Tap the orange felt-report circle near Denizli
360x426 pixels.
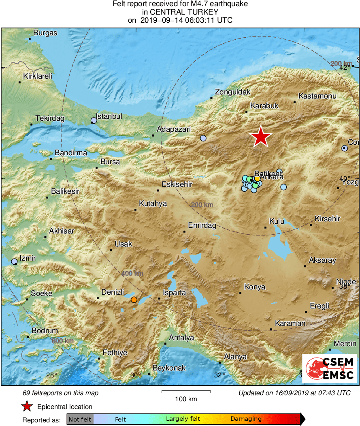click(x=134, y=300)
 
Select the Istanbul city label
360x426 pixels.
click(x=110, y=116)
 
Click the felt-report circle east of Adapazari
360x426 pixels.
click(x=203, y=138)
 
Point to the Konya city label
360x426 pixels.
click(x=255, y=287)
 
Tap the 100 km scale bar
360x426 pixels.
click(x=186, y=392)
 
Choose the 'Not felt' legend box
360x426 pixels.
click(x=80, y=419)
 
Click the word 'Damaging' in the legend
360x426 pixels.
click(x=246, y=419)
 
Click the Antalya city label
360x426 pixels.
click(x=181, y=338)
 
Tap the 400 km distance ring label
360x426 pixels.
click(x=132, y=274)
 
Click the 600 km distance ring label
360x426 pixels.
click(x=63, y=341)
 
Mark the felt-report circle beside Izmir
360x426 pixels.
click(x=15, y=262)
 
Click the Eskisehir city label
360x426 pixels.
click(x=177, y=185)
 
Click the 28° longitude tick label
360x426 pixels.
click(x=51, y=375)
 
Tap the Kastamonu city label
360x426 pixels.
click(x=317, y=96)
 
